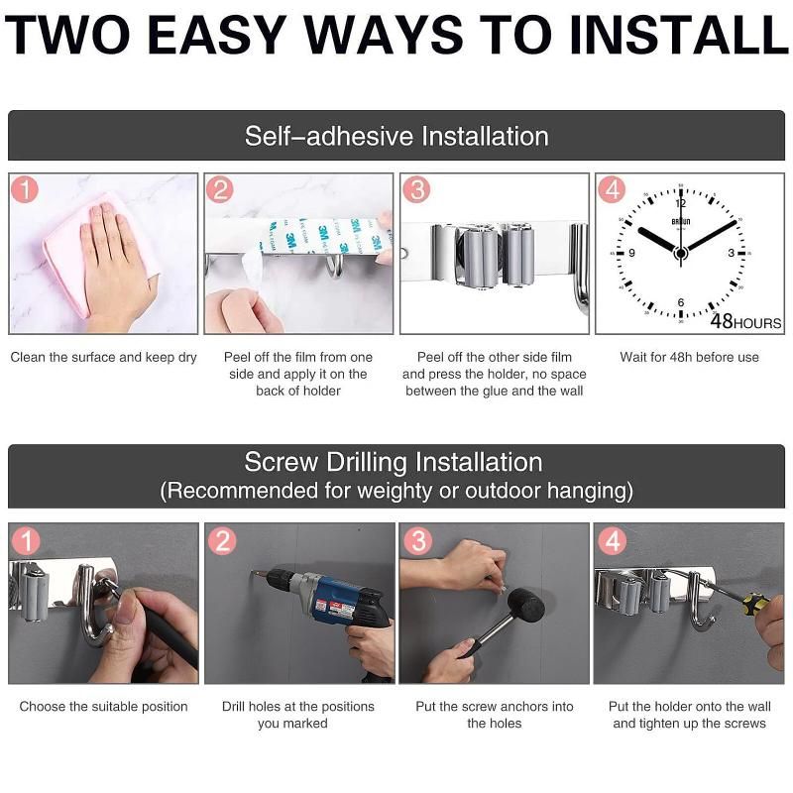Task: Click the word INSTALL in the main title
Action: (x=679, y=35)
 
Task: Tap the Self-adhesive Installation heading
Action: (x=396, y=136)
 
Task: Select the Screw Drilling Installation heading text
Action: (x=394, y=462)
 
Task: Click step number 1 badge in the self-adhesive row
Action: (x=24, y=189)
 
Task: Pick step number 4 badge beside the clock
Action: (x=612, y=189)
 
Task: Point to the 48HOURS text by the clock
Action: (x=746, y=321)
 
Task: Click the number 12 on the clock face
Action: (x=681, y=203)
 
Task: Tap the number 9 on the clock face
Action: (x=631, y=253)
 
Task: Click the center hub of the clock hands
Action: (x=681, y=253)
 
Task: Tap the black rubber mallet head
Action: (x=526, y=605)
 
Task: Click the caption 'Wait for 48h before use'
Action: (x=689, y=357)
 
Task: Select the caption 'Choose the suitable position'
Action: (x=104, y=707)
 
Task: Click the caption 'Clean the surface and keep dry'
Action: (x=104, y=357)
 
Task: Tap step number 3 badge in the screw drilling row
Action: (x=417, y=540)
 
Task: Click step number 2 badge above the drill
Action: (x=222, y=540)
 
